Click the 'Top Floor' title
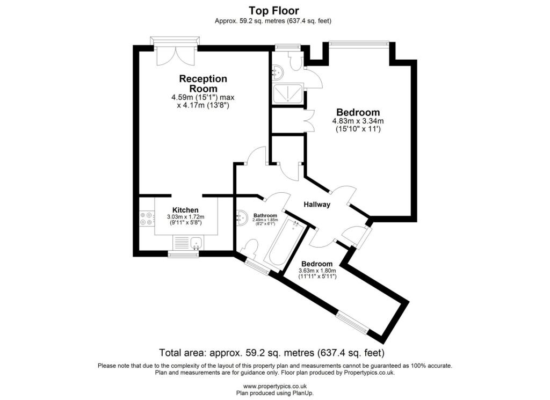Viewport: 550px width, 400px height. pos(274,10)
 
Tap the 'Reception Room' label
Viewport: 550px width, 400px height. pos(203,84)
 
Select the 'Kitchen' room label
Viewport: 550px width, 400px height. pos(185,210)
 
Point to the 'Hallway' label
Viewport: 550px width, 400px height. pos(317,205)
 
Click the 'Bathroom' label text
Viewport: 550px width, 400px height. pos(265,215)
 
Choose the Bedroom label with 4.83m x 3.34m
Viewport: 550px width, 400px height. pos(358,112)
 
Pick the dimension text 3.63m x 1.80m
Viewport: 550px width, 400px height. pos(317,271)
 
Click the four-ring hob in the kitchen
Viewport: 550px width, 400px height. pos(146,219)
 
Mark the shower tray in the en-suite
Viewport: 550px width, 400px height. pos(288,94)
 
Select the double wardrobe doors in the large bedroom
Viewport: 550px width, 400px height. pos(309,120)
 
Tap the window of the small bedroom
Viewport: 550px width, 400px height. pos(352,324)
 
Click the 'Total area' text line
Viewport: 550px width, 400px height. pos(272,353)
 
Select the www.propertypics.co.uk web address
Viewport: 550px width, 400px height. pos(274,386)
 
